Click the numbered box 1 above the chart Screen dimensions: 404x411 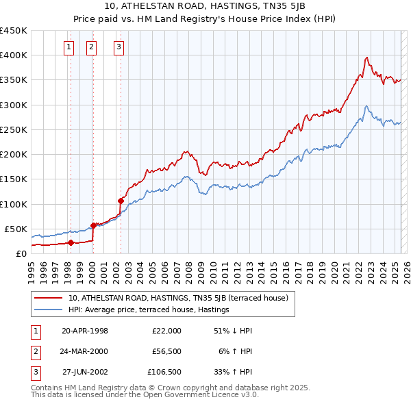[x=70, y=47]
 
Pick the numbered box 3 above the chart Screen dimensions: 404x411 [x=119, y=47]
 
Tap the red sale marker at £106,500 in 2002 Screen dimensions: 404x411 [x=121, y=201]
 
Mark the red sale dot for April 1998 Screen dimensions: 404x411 [x=71, y=242]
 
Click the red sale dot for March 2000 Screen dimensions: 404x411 [x=93, y=225]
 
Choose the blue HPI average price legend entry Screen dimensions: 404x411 [x=148, y=310]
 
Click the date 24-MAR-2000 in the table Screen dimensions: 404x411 [x=85, y=351]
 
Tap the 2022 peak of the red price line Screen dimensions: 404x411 [x=367, y=58]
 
